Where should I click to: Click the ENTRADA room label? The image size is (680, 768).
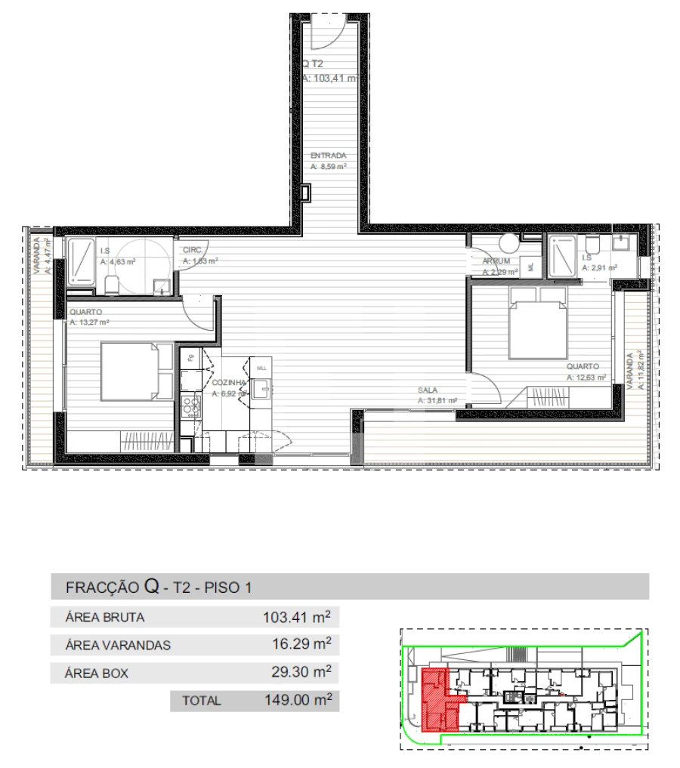[x=329, y=156]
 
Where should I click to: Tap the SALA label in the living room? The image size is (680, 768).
[x=428, y=391]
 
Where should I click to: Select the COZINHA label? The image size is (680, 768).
[x=228, y=383]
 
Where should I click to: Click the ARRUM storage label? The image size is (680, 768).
[x=496, y=261]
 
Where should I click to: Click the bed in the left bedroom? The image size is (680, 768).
[x=137, y=371]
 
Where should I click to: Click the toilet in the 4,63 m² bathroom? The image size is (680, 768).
[x=112, y=284]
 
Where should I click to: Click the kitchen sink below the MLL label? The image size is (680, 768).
[x=261, y=388]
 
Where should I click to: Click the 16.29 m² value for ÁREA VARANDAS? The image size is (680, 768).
[x=301, y=645]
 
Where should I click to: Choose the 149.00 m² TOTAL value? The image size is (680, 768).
[x=298, y=700]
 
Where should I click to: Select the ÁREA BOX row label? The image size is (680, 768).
[x=97, y=674]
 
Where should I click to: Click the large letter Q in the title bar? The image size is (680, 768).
[x=151, y=586]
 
